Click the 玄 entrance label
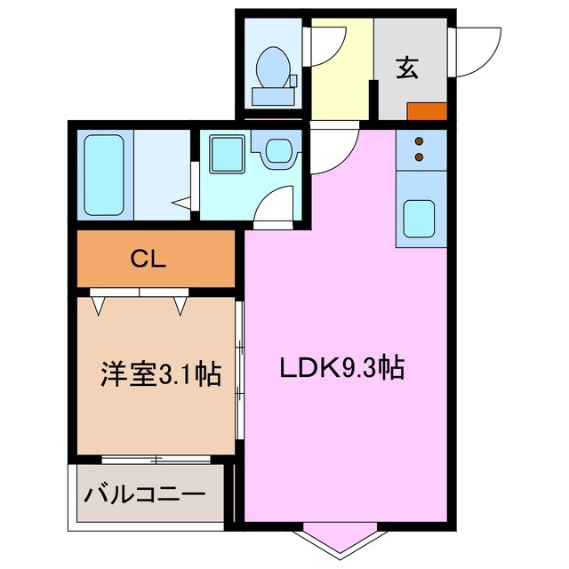point(408,68)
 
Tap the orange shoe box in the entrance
point(428,111)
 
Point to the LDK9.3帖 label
point(342,367)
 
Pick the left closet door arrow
point(100,306)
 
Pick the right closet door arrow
point(181,306)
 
